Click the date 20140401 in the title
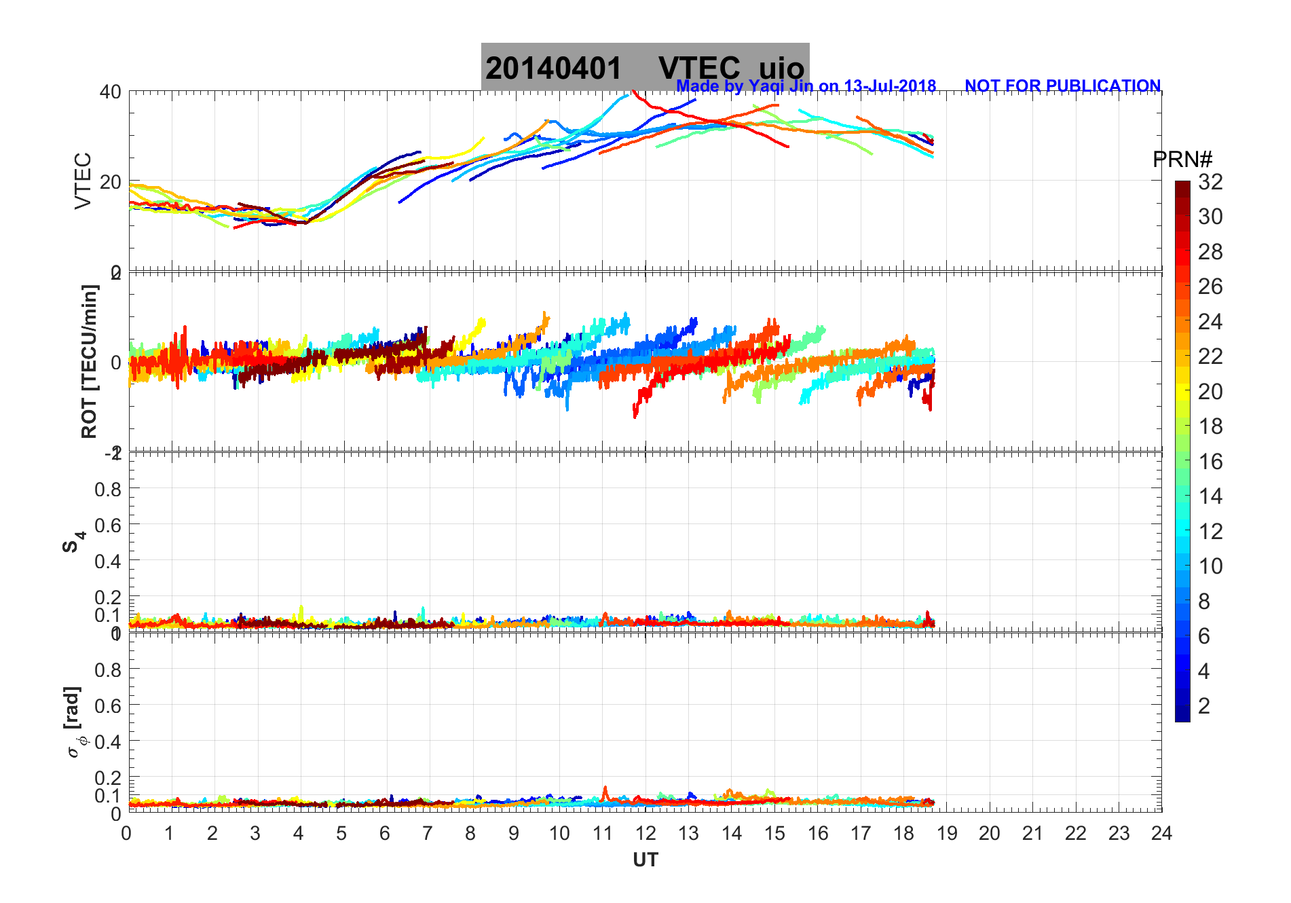[x=553, y=69]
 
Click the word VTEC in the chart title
[x=699, y=69]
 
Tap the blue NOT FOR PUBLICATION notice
[x=1062, y=86]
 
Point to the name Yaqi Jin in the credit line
[x=780, y=86]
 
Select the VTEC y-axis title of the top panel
[x=83, y=181]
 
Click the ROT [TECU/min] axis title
[x=89, y=361]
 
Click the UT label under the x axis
[x=645, y=860]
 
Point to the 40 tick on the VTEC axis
[x=111, y=92]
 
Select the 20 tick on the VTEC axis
[x=111, y=182]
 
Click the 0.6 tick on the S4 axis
[x=108, y=525]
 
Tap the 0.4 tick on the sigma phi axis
[x=108, y=741]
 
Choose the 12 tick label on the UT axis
[x=645, y=833]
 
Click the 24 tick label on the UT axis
[x=1161, y=833]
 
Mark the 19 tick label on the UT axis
[x=946, y=833]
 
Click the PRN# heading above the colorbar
[x=1182, y=160]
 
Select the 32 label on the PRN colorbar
[x=1210, y=181]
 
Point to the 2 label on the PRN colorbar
[x=1203, y=705]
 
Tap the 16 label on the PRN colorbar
[x=1210, y=462]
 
